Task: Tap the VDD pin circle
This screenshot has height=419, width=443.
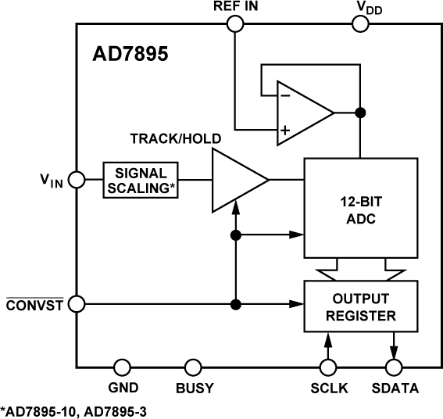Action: tap(360, 23)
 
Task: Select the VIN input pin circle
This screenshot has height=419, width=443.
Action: tap(77, 180)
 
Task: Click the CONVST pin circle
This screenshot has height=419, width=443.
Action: tap(77, 303)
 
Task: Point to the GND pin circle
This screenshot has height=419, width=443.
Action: tap(122, 367)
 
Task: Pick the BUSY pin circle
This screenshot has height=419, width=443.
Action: tap(192, 367)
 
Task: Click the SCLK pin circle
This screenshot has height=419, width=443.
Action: tap(328, 367)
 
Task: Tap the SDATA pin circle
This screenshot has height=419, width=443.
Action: tap(395, 367)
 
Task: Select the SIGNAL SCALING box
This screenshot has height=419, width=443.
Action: tap(141, 181)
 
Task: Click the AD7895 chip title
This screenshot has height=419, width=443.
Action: tap(130, 56)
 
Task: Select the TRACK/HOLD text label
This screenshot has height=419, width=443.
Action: tap(174, 138)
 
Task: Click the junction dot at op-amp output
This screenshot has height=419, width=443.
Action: tap(360, 113)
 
